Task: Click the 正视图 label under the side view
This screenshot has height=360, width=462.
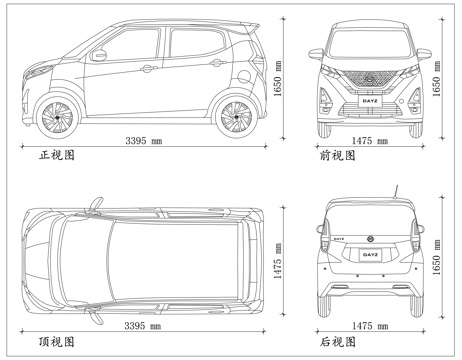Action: coord(56,157)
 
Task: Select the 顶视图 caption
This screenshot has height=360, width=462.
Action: coord(56,342)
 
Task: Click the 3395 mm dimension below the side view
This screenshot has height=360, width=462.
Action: coord(142,141)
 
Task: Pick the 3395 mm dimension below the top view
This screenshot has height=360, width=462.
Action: coord(142,325)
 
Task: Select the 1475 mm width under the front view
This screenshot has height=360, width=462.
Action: coord(366,141)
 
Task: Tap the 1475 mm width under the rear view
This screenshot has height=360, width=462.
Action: coord(367,325)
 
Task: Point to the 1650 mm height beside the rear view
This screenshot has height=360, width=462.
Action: coord(436,262)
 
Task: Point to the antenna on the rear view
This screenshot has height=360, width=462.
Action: coord(397,190)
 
